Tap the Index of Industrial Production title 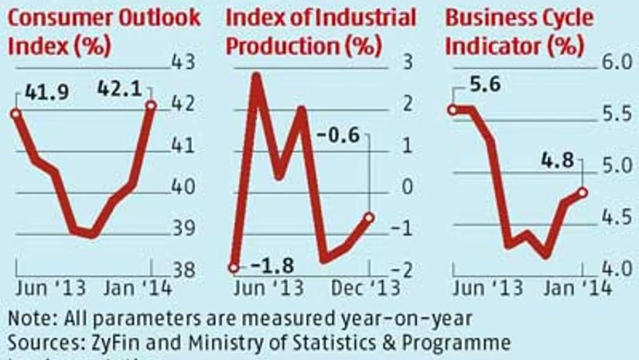(x=320, y=31)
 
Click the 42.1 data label (x=114, y=94)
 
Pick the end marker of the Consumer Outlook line (x=151, y=105)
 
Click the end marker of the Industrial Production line (x=369, y=218)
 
